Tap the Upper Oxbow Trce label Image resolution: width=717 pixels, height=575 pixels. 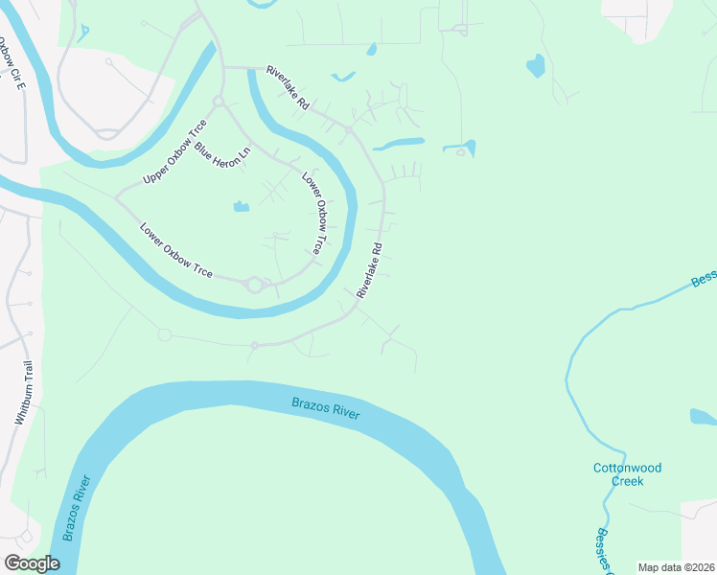(174, 152)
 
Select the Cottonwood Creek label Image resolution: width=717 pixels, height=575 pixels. (626, 474)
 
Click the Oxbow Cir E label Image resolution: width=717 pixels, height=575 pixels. (11, 63)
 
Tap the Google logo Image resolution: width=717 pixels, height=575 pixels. (32, 563)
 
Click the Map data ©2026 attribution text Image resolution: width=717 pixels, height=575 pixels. (676, 567)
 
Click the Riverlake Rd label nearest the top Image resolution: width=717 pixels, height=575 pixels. (288, 86)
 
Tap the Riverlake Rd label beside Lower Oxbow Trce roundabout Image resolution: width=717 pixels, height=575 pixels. (370, 269)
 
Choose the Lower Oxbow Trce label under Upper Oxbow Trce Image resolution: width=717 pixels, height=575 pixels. (175, 251)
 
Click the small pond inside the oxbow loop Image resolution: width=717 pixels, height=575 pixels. (241, 206)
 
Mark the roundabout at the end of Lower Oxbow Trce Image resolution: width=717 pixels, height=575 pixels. (254, 284)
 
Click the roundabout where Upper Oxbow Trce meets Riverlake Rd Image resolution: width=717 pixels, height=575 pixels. (219, 102)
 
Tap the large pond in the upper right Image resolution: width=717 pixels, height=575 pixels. (535, 65)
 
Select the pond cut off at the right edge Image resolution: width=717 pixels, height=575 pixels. (703, 416)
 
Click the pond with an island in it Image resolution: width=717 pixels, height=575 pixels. (460, 149)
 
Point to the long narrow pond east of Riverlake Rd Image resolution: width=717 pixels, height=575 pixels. (399, 145)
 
